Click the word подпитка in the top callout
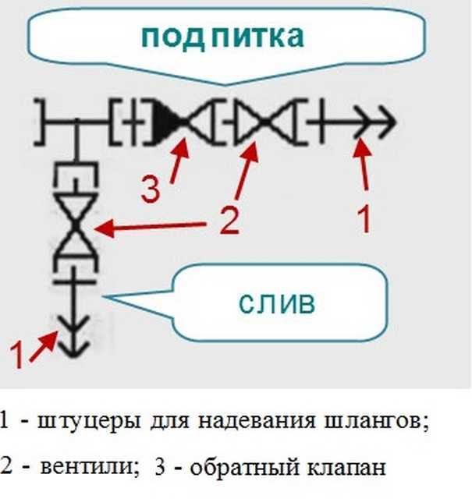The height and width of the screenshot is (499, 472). pyautogui.click(x=222, y=37)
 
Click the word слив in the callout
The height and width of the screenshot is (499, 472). pyautogui.click(x=277, y=303)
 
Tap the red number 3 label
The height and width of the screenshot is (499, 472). pyautogui.click(x=151, y=189)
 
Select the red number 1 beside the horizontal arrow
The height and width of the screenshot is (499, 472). pyautogui.click(x=364, y=219)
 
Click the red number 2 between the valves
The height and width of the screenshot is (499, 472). pyautogui.click(x=229, y=221)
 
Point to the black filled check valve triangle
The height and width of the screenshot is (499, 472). pyautogui.click(x=169, y=122)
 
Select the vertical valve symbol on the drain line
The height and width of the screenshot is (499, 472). pyautogui.click(x=76, y=225)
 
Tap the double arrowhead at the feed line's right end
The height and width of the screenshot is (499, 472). pyautogui.click(x=376, y=122)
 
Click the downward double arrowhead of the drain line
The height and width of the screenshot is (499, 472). pyautogui.click(x=74, y=336)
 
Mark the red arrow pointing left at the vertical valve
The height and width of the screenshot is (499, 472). pyautogui.click(x=150, y=226)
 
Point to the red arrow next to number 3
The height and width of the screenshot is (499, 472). pyautogui.click(x=179, y=160)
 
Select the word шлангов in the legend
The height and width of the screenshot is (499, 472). pyautogui.click(x=377, y=421)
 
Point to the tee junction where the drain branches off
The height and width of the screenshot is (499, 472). pyautogui.click(x=76, y=122)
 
